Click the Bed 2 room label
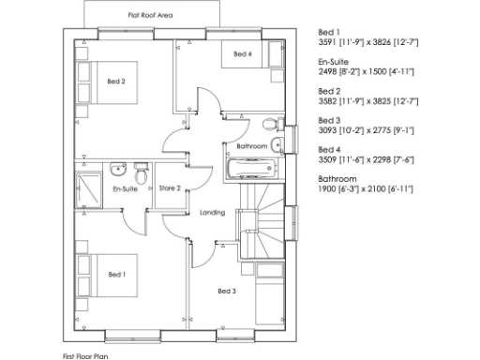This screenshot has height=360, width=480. click(116, 82)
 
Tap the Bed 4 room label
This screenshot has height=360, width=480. click(242, 55)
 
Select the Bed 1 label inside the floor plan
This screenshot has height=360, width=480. click(116, 274)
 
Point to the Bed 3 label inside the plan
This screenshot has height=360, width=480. click(226, 291)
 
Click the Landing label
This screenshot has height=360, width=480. click(212, 213)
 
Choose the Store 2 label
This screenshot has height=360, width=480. click(170, 188)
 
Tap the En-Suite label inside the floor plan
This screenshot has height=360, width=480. click(125, 189)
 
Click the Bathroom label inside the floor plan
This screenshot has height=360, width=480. click(251, 147)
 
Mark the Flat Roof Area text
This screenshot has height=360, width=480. click(149, 16)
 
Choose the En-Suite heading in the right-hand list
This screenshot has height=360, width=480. click(334, 60)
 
